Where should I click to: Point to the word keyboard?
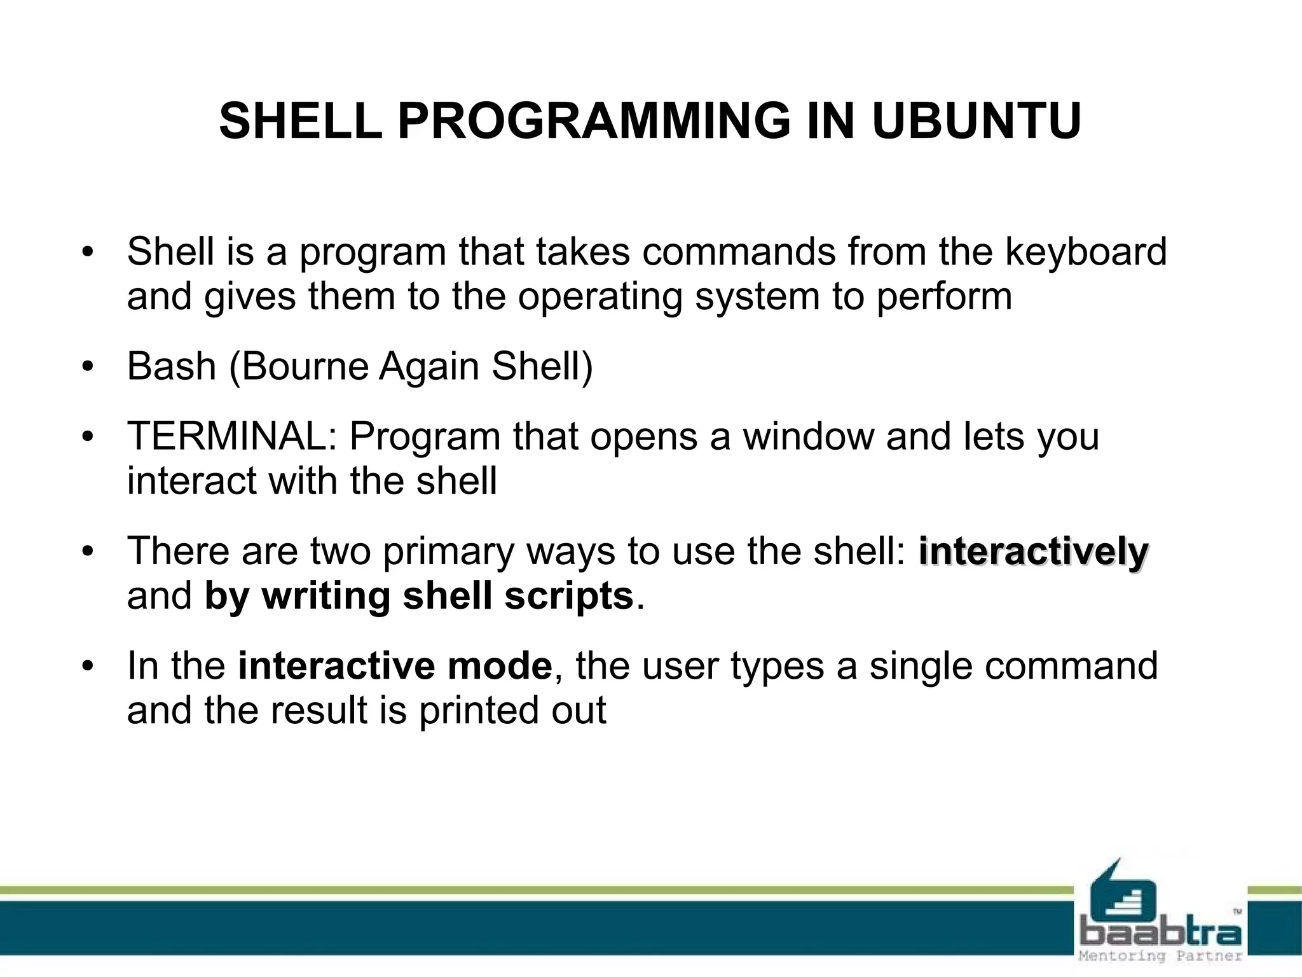coord(1086,252)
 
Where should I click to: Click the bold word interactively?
coord(1034,551)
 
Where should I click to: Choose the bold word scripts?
coord(569,596)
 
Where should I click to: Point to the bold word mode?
coord(500,666)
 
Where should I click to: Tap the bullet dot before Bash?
coord(88,368)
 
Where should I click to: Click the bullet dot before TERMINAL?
coord(88,438)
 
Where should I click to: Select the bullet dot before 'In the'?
coord(88,667)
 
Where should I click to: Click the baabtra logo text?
coord(1161,933)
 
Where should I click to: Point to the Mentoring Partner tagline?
coord(1161,956)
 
